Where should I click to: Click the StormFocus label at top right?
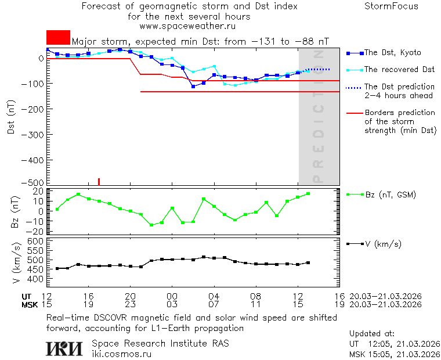(391, 6)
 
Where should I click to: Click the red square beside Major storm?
(58, 37)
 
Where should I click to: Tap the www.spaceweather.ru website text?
(187, 26)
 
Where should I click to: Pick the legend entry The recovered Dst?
(399, 70)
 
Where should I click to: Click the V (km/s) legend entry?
(385, 244)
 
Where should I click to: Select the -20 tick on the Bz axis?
(38, 231)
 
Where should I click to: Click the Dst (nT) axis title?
(11, 120)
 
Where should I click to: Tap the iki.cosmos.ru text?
(121, 354)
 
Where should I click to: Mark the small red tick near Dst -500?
(99, 181)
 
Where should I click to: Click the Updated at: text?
(371, 334)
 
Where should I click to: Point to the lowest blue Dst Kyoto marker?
(193, 86)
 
